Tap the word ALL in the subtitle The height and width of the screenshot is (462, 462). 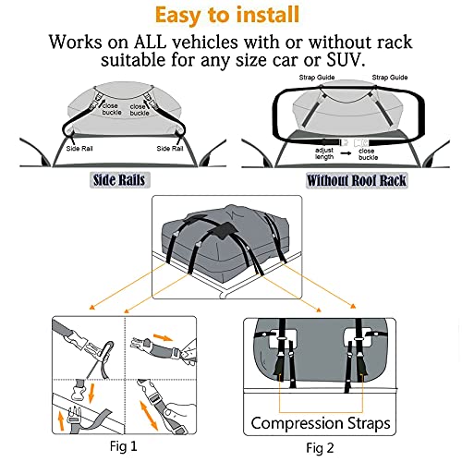pyautogui.click(x=173, y=43)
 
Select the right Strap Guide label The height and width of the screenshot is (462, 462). pyautogui.click(x=388, y=78)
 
